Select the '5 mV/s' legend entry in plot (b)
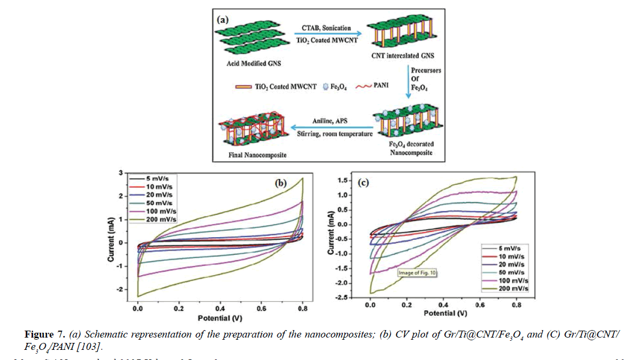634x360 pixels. click(159, 178)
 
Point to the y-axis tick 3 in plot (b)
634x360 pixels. click(121, 173)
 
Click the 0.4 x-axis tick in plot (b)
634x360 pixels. click(220, 308)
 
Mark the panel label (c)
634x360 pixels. click(362, 183)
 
